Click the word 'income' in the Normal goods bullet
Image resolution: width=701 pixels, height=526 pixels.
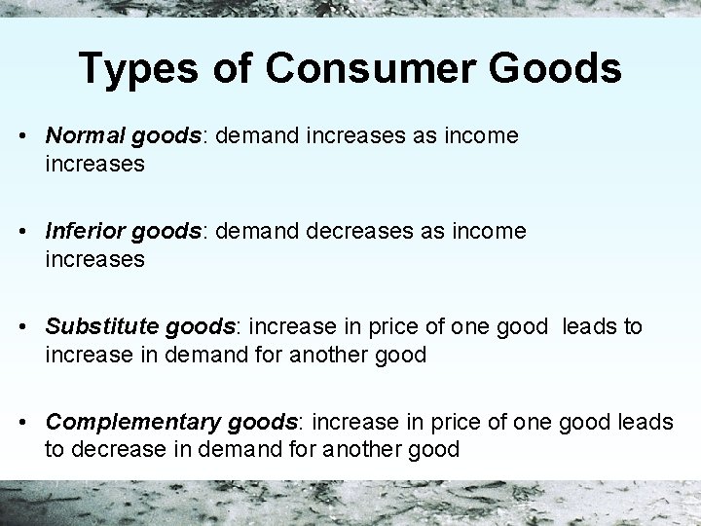click(x=485, y=136)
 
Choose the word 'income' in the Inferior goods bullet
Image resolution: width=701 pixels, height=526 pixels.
click(x=493, y=232)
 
